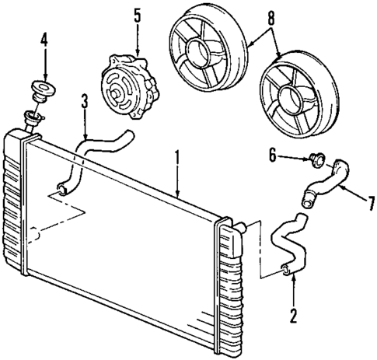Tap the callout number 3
pos(85,101)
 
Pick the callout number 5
pos(138,16)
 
